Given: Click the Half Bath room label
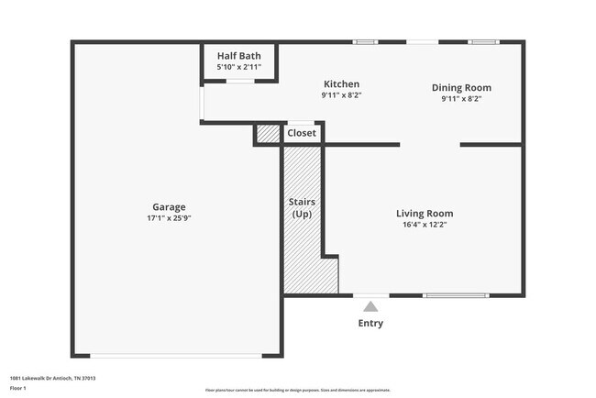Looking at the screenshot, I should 239,55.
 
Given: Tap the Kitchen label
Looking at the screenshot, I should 340,84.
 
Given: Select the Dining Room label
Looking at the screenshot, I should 461,88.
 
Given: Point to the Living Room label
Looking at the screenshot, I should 424,214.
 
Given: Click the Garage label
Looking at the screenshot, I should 169,207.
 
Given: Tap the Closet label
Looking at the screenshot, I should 302,134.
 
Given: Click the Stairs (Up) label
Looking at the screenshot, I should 301,207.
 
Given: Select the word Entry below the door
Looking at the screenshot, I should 370,324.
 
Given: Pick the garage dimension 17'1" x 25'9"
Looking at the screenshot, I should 169,218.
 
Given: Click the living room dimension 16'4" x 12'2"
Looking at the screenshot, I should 424,225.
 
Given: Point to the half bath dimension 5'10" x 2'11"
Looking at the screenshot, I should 239,67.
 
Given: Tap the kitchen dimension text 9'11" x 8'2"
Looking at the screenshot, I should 340,95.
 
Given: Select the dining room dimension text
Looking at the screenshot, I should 461,99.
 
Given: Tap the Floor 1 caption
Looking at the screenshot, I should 18,388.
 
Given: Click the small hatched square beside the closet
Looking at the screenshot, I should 267,134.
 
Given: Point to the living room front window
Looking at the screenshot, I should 456,295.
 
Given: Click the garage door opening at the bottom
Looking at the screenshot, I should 174,356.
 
